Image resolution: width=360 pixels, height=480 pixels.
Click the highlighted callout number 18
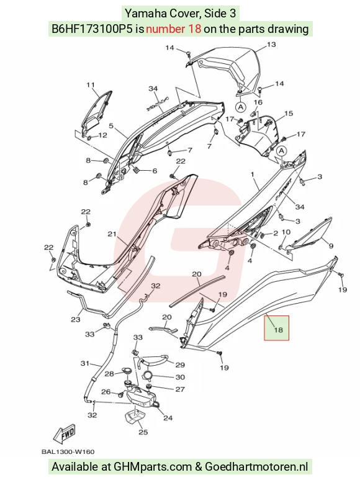click(x=278, y=330)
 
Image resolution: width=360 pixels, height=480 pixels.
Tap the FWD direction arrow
click(x=64, y=434)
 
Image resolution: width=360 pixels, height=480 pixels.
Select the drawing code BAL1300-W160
click(x=68, y=452)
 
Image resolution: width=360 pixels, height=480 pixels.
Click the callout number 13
click(x=271, y=45)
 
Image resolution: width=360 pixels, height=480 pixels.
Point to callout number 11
click(x=90, y=85)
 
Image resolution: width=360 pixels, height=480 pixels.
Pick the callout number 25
click(x=143, y=432)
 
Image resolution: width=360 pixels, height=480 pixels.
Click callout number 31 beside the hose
click(x=84, y=364)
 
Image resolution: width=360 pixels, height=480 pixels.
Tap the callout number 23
click(x=76, y=320)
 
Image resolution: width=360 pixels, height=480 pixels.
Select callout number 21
click(x=112, y=234)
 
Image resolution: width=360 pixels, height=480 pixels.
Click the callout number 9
click(x=331, y=246)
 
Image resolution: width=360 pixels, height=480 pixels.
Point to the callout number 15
click(x=289, y=114)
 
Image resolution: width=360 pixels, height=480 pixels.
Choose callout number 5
click(x=111, y=125)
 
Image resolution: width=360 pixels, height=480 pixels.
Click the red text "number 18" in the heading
click(x=173, y=29)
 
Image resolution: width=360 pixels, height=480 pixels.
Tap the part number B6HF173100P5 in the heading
click(x=92, y=29)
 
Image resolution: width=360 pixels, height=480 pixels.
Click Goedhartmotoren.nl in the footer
click(x=256, y=466)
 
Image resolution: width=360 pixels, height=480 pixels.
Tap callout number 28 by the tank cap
click(x=109, y=374)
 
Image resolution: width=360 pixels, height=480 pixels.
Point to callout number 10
click(x=286, y=232)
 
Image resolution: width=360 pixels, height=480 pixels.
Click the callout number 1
click(x=253, y=174)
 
